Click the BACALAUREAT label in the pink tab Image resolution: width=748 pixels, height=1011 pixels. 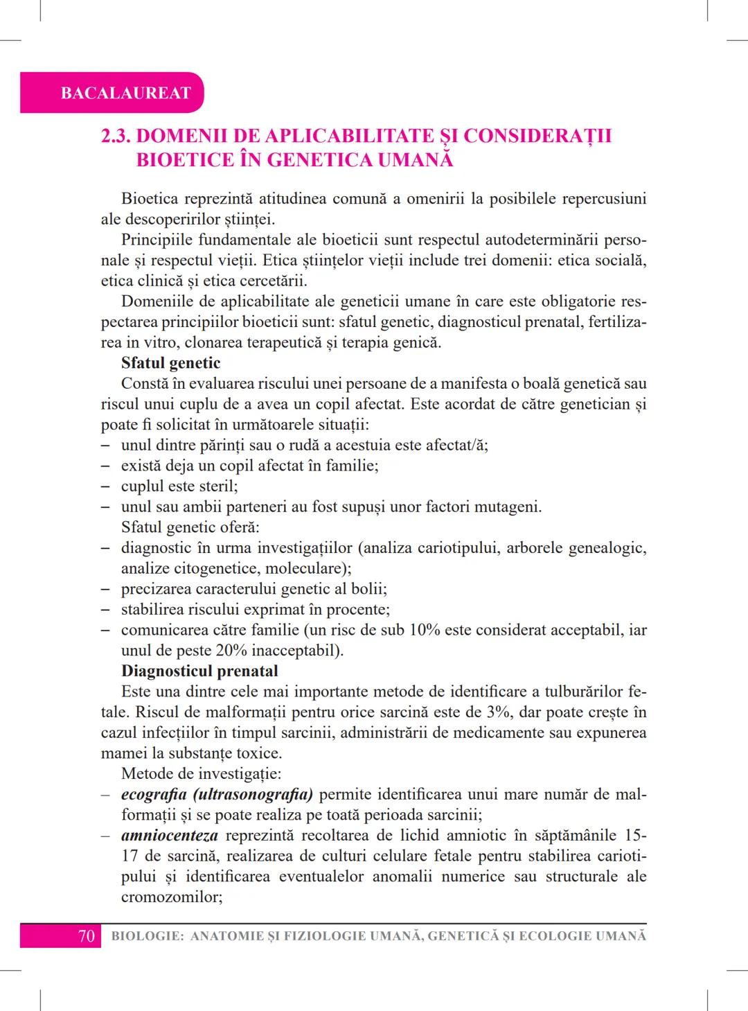tap(125, 93)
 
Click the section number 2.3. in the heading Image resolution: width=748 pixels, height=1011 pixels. tap(119, 136)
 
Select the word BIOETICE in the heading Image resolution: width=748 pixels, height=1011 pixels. tap(185, 160)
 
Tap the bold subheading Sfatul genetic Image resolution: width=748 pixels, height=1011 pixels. tap(170, 363)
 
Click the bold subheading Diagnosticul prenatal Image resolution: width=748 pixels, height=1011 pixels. tap(199, 671)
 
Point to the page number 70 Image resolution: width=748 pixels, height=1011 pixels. tap(86, 936)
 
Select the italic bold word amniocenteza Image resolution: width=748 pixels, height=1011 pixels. tap(169, 836)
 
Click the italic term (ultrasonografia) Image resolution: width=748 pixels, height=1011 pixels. tap(253, 794)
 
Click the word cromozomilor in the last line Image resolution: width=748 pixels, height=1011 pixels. tap(170, 897)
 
